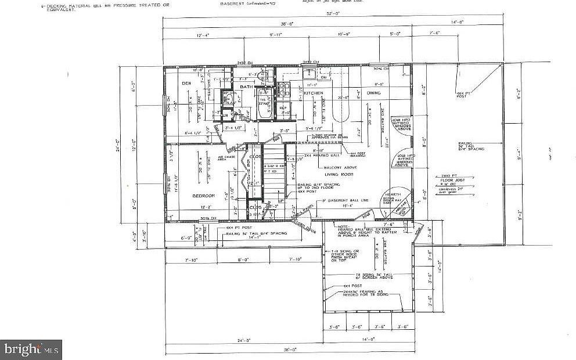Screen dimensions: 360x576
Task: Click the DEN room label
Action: [186, 84]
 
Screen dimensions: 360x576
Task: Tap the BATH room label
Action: [247, 87]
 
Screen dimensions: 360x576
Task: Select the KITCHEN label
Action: [313, 93]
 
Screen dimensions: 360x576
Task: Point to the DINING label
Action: [373, 93]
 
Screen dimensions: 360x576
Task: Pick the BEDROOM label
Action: [204, 196]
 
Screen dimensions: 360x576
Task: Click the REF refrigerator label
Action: [283, 108]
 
